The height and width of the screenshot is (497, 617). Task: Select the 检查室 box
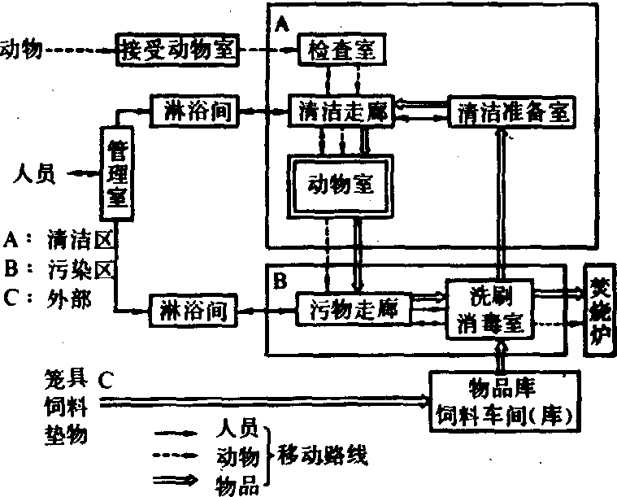(x=341, y=50)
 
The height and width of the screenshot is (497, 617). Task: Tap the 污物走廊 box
(x=350, y=310)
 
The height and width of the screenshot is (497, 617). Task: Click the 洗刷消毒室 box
(x=488, y=309)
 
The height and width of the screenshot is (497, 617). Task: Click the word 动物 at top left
(x=20, y=50)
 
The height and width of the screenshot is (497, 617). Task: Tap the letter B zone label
(x=279, y=281)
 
